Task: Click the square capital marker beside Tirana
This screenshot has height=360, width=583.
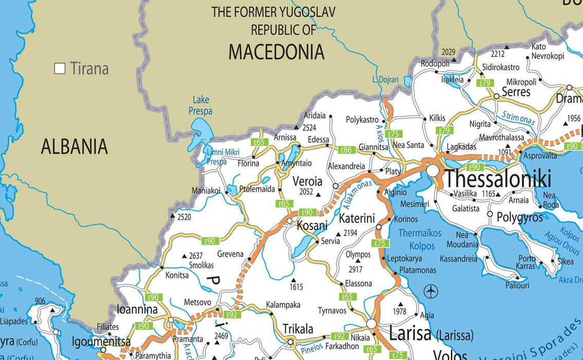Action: point(60,68)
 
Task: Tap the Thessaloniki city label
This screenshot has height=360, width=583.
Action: point(498,179)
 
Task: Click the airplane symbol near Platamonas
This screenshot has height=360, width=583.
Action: point(431,292)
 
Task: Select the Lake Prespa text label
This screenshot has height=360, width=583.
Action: point(201,105)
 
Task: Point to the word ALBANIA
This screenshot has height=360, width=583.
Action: point(75,147)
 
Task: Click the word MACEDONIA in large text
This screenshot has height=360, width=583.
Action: point(276,52)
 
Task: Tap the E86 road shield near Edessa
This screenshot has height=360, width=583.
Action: point(347,150)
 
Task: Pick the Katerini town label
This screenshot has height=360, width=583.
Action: point(357,218)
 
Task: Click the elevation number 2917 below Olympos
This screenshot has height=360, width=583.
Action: point(355,269)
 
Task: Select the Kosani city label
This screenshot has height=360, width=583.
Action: point(312,226)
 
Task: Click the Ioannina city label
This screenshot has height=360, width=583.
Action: point(137,310)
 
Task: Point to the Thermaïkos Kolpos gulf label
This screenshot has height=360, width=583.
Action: point(420,240)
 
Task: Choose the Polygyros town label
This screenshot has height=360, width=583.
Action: point(519,218)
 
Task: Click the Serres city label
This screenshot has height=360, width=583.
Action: point(516,92)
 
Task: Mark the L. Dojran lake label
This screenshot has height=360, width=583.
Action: point(385,80)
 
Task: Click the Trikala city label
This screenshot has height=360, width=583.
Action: point(298,329)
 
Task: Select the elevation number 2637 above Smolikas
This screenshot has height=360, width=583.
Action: point(196,256)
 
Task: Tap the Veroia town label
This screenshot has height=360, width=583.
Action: point(307,182)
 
